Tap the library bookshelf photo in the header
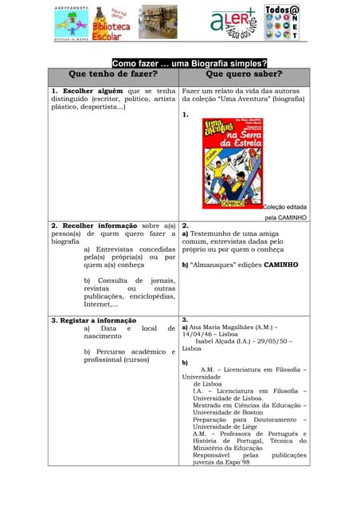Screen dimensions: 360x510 pyautogui.click(x=158, y=22)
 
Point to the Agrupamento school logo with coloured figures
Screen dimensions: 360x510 pyautogui.click(x=71, y=22)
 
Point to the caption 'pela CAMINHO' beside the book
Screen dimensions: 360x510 pyautogui.click(x=285, y=217)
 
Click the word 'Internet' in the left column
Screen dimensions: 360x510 pyautogui.click(x=100, y=304)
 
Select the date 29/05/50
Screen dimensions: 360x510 pyautogui.click(x=272, y=341)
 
